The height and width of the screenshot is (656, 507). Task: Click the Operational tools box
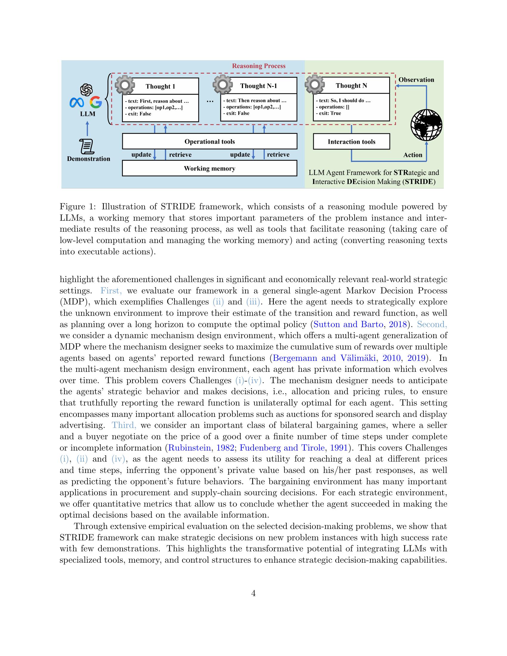tap(209, 141)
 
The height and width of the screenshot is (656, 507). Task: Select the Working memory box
tap(209, 168)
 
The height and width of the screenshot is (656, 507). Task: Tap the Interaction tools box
tap(351, 142)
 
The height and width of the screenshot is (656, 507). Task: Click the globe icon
tap(426, 125)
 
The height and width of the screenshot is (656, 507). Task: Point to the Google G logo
tap(96, 102)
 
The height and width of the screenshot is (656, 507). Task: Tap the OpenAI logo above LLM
tap(86, 89)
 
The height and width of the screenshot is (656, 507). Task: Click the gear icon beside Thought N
tap(314, 84)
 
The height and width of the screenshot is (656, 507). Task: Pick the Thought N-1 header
tap(258, 86)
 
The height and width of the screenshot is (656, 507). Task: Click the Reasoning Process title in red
tap(259, 66)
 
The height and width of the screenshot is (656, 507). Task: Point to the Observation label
tap(416, 80)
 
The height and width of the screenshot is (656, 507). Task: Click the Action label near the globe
tap(412, 155)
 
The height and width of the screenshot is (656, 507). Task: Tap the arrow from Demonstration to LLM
tap(87, 129)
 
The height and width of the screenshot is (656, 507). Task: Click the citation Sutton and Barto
tap(348, 324)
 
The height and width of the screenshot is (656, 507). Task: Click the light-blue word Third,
tap(124, 425)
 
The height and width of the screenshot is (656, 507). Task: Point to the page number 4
tap(253, 593)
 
